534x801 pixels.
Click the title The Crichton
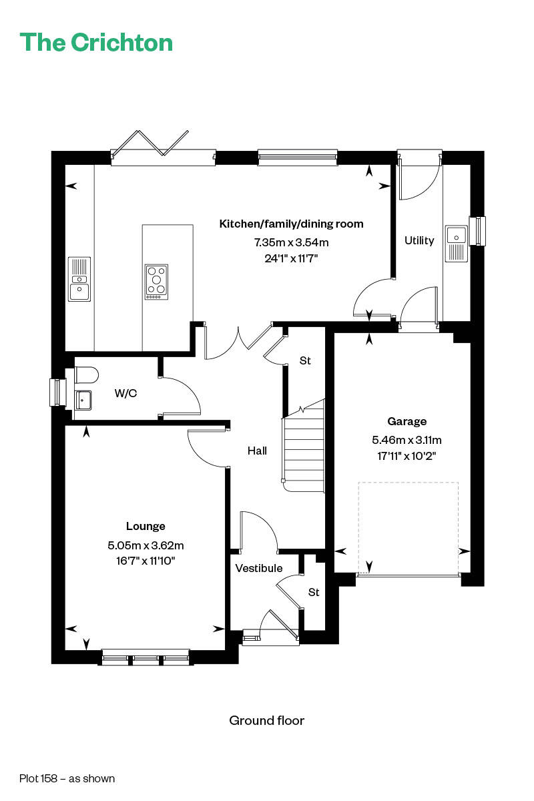click(96, 43)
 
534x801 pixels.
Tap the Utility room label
click(419, 241)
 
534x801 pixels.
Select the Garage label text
click(407, 421)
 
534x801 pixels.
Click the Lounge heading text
click(146, 526)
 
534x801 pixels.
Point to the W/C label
click(125, 393)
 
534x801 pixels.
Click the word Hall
click(257, 451)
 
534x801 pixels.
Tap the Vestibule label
click(259, 568)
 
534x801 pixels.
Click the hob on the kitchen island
click(156, 282)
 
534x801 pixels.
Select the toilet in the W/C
click(87, 374)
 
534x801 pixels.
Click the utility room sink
click(457, 244)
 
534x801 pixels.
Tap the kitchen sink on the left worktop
click(79, 279)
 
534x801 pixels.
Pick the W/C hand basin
click(83, 400)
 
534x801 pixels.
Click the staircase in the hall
click(304, 447)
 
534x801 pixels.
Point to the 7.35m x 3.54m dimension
click(292, 242)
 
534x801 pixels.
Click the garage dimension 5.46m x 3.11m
click(407, 440)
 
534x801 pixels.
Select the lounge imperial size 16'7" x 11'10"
click(146, 561)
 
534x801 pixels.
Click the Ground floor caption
click(267, 720)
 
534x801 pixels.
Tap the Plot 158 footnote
click(67, 778)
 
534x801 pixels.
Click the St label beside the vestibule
click(314, 593)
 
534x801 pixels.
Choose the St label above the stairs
click(305, 361)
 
